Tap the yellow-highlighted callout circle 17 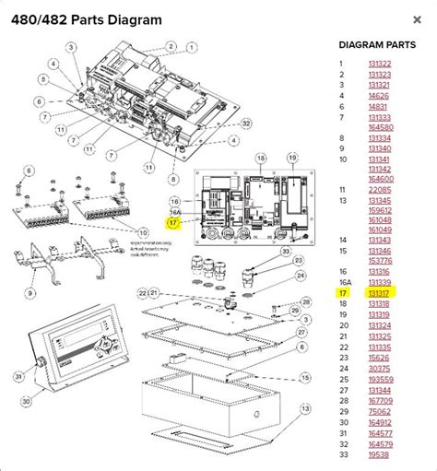[x=172, y=222]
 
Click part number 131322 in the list [x=379, y=63]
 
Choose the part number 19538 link [x=379, y=454]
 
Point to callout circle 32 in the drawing [x=246, y=123]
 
